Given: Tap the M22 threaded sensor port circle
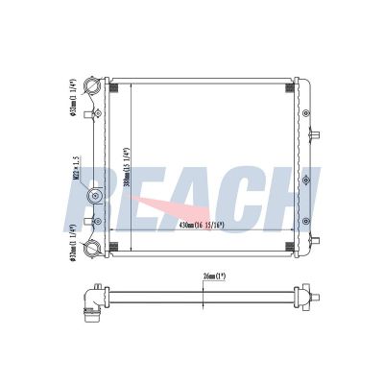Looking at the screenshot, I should click(96, 198).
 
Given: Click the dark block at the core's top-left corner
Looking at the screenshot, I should click(113, 88).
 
